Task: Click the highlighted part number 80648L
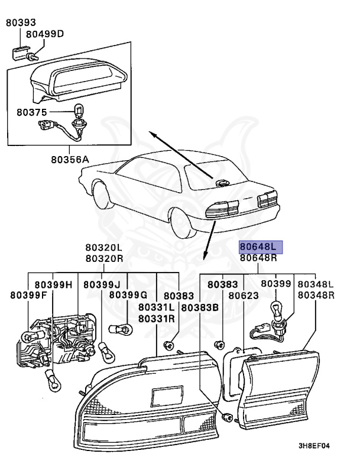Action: click(x=261, y=247)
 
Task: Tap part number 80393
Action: click(x=20, y=23)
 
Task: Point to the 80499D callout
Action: click(x=48, y=34)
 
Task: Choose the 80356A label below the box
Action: click(x=69, y=159)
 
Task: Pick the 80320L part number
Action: click(x=103, y=248)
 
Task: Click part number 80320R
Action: click(x=103, y=258)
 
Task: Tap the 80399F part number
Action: click(x=27, y=294)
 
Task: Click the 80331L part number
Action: click(x=156, y=307)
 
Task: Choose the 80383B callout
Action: click(x=200, y=307)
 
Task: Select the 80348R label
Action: click(x=316, y=295)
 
